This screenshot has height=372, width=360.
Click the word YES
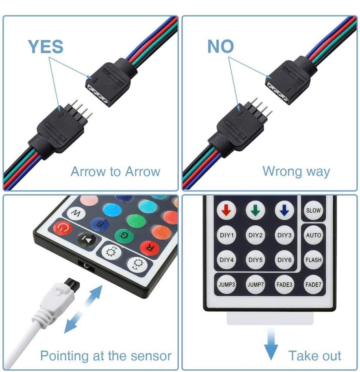click(x=46, y=47)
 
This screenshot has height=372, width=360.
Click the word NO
click(x=220, y=46)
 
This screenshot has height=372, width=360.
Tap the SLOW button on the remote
click(x=313, y=210)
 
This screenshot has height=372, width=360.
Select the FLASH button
click(x=313, y=260)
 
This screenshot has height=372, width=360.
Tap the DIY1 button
click(x=227, y=235)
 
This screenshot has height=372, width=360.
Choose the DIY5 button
click(x=255, y=260)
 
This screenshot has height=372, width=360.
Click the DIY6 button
click(x=284, y=260)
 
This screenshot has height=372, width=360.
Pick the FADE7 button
click(x=313, y=284)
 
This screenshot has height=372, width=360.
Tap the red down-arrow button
click(x=227, y=210)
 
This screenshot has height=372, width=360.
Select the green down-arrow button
click(x=255, y=210)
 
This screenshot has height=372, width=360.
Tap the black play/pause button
click(x=87, y=240)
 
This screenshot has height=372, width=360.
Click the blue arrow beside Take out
click(x=271, y=344)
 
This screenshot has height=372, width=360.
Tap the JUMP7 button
click(x=255, y=284)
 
